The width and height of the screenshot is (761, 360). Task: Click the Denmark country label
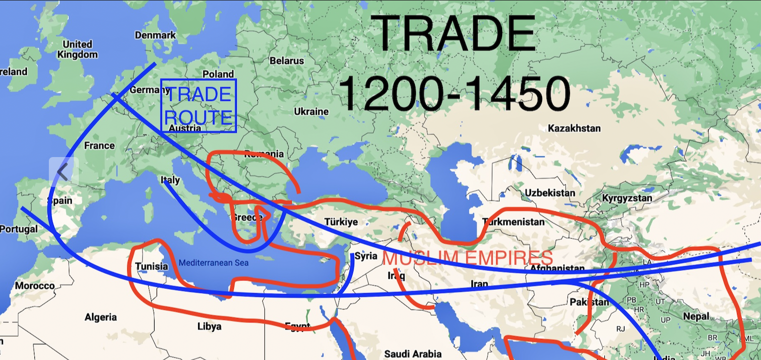point(155,35)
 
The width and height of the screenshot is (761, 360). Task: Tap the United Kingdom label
point(77,49)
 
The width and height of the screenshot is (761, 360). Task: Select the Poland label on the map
point(218,74)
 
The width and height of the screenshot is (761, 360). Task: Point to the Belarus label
point(287,61)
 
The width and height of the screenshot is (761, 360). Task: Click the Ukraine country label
point(311,111)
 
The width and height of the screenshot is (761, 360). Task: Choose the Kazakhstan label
point(574,129)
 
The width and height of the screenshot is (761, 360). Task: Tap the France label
point(99,146)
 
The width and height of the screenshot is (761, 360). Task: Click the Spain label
point(60,200)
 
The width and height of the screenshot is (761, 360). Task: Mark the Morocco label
point(34,286)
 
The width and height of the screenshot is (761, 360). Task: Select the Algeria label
point(101,317)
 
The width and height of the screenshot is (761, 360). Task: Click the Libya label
point(209,327)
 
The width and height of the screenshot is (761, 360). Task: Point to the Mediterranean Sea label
point(213,263)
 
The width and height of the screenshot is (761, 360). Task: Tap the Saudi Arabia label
point(413,354)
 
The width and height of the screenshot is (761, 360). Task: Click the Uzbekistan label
point(550,193)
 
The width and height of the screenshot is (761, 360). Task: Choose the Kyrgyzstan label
point(627,198)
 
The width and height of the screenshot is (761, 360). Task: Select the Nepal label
point(696,316)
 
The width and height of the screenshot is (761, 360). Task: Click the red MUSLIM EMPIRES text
point(468,258)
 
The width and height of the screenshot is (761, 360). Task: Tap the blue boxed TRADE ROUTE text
point(198,106)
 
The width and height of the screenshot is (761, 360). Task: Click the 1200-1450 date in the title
point(454,93)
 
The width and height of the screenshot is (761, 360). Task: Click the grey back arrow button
point(63,172)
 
